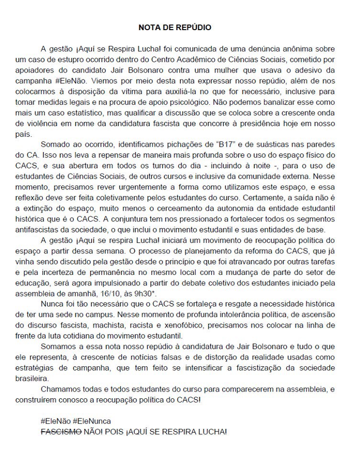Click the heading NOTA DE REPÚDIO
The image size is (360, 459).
tap(175, 27)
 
